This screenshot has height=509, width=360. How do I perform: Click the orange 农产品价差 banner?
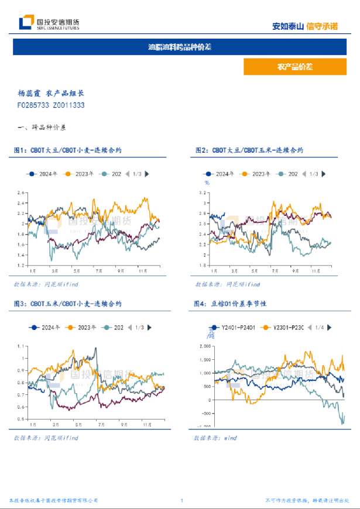pos(294,67)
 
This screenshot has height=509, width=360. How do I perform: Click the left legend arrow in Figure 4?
pos(310,328)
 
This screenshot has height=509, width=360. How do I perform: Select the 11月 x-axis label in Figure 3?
pos(143,423)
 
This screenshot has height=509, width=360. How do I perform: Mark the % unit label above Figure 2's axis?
pos(206,183)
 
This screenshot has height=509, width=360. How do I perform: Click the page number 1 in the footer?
pos(182,501)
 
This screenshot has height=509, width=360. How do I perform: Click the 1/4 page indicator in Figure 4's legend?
pos(320,328)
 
